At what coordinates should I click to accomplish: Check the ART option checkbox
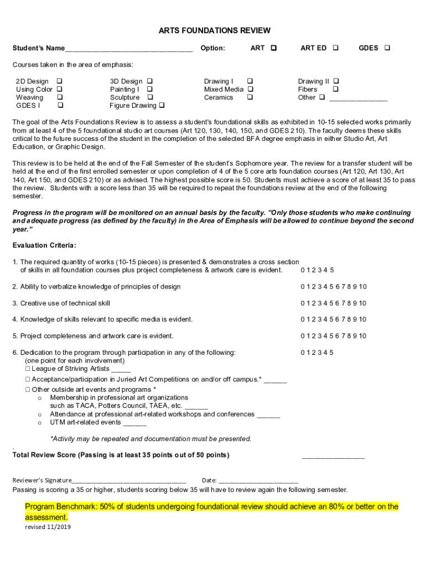(274, 48)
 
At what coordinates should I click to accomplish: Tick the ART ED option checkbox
(335, 48)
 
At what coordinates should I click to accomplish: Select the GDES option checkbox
(387, 48)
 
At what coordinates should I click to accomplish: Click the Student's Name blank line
(128, 49)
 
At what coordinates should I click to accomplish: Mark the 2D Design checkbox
(59, 81)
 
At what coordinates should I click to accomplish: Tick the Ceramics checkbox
(250, 97)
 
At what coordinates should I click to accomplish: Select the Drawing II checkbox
(336, 81)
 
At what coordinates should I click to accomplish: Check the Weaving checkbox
(59, 97)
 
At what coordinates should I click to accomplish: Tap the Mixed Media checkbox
(250, 89)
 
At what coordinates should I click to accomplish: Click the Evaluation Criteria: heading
(44, 245)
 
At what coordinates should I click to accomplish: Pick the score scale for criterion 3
(334, 303)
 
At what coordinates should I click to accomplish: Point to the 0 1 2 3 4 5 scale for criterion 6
(317, 352)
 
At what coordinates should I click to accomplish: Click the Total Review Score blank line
(333, 456)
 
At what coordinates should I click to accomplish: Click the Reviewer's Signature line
(129, 481)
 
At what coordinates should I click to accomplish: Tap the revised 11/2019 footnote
(48, 527)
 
